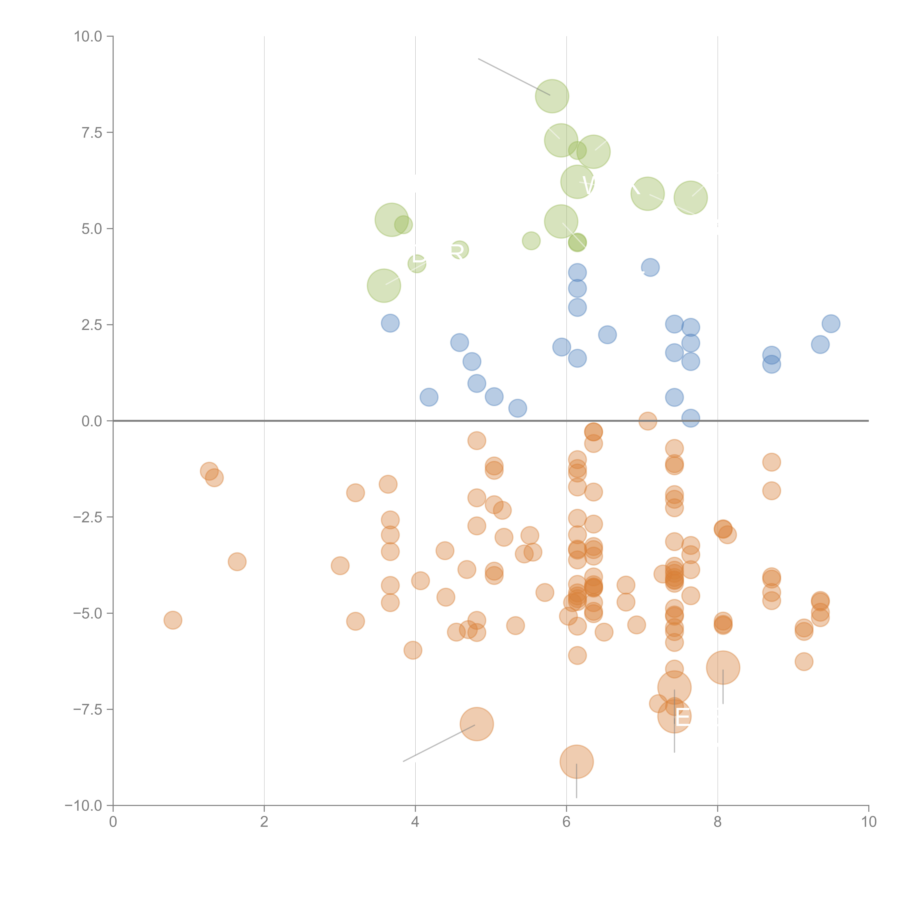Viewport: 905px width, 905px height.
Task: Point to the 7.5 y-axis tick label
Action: pyautogui.click(x=92, y=132)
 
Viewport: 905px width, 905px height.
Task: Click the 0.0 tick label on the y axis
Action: pyautogui.click(x=92, y=421)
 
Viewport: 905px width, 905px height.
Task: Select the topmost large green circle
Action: pyautogui.click(x=552, y=96)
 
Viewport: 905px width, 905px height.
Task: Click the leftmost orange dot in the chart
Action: pyautogui.click(x=173, y=620)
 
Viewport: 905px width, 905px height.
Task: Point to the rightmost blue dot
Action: pyautogui.click(x=831, y=323)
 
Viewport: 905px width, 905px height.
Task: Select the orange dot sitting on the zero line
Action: pyautogui.click(x=647, y=421)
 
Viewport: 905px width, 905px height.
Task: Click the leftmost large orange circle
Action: pyautogui.click(x=476, y=724)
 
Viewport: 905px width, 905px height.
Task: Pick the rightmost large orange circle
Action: pyautogui.click(x=723, y=668)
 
